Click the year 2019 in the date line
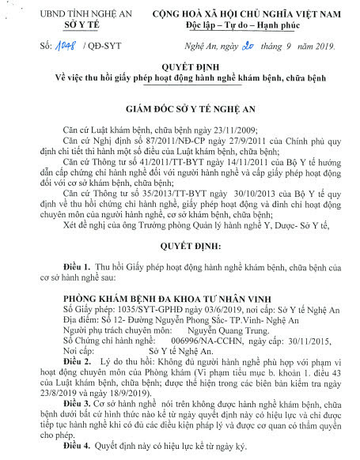[x=320, y=47]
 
